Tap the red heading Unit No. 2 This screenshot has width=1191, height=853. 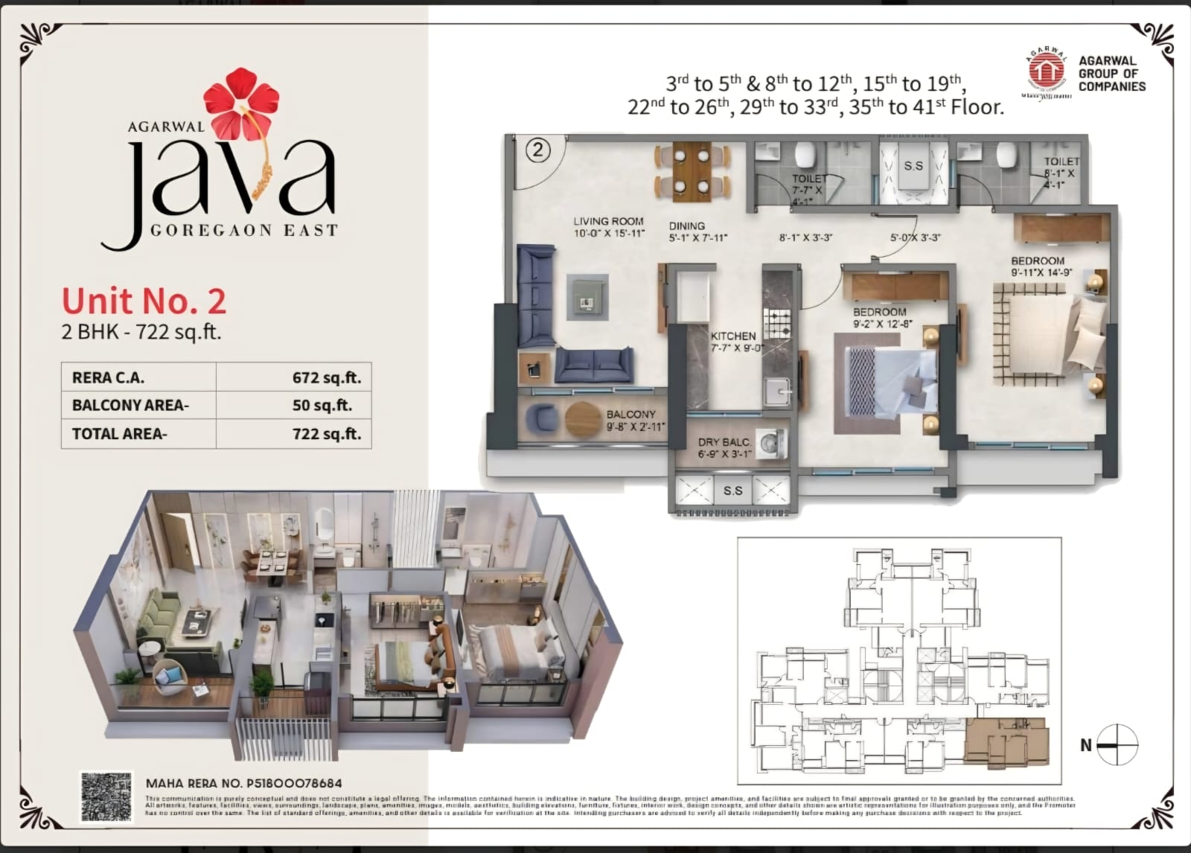[144, 301]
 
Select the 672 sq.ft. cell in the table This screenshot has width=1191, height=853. [326, 377]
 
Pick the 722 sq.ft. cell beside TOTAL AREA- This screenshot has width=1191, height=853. [326, 434]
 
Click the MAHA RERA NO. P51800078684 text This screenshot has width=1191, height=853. [244, 783]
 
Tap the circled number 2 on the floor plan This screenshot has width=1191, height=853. [537, 151]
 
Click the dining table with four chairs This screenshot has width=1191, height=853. [692, 171]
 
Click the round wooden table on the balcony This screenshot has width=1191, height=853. [582, 419]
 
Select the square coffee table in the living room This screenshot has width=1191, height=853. [587, 297]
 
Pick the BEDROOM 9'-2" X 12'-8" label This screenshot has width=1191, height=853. [881, 318]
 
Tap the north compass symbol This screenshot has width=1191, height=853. [1117, 744]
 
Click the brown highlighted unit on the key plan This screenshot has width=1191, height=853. [1005, 741]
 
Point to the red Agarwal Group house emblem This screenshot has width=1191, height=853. [1047, 71]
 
